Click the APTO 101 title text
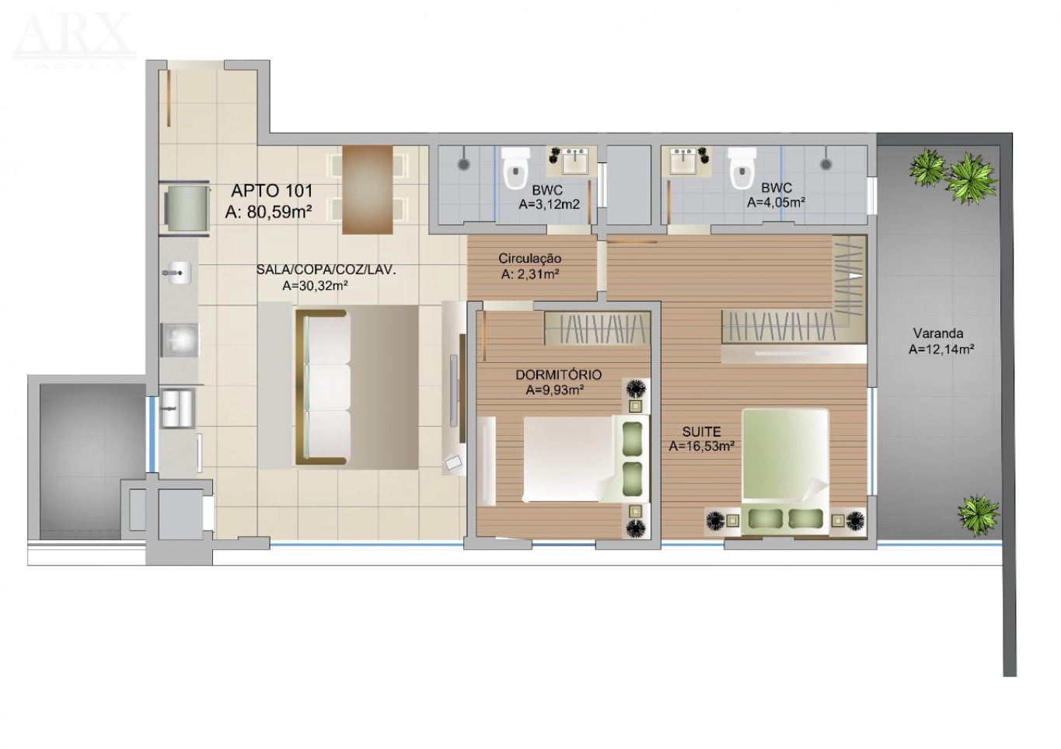[x=272, y=191]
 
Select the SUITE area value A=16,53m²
[x=702, y=446]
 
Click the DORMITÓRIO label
[x=558, y=375]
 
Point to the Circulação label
[x=529, y=259]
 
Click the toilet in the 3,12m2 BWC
[x=515, y=167]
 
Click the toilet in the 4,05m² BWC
[x=742, y=167]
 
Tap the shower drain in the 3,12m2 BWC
[x=464, y=164]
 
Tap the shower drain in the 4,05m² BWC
[x=826, y=164]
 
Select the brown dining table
[x=368, y=190]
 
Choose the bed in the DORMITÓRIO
[x=585, y=458]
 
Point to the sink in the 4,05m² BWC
[x=682, y=161]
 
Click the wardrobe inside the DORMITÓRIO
[x=597, y=328]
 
